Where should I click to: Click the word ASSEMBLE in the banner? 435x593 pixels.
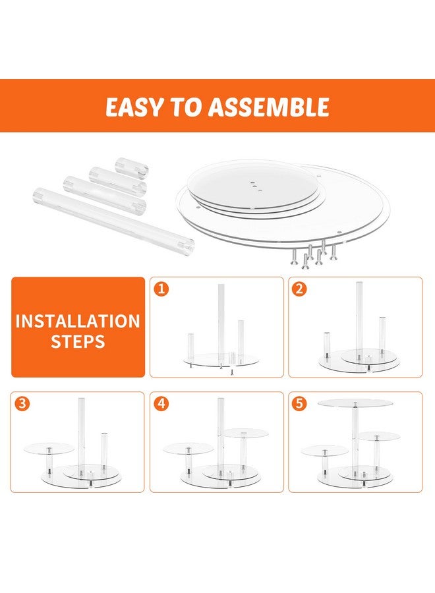269,107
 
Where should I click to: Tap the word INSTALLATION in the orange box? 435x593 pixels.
78,321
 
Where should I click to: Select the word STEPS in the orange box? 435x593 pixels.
78,341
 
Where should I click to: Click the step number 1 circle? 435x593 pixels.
161,289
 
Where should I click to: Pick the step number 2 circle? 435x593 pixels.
299,289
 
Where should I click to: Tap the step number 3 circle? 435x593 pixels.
22,403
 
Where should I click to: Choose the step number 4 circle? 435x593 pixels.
161,403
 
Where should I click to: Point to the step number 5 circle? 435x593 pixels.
299,403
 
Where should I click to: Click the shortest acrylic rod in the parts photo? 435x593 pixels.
132,168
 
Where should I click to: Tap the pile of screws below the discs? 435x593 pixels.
313,254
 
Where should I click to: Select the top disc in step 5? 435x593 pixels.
355,403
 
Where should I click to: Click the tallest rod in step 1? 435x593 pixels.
221,325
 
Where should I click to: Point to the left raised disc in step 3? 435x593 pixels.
49,449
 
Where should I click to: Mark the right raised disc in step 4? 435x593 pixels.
245,434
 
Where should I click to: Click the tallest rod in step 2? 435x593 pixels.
359,320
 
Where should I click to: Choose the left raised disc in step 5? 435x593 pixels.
324,451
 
